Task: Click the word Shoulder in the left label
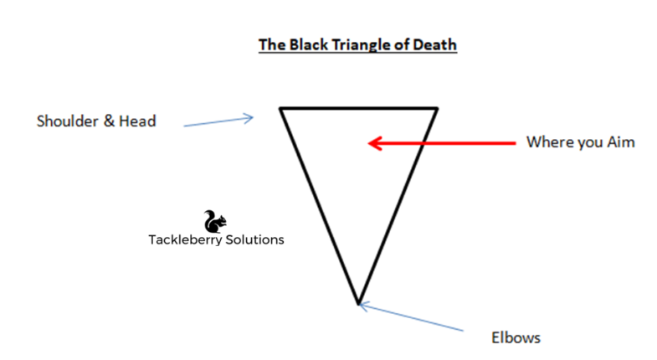pos(67,121)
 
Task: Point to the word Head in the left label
pos(138,121)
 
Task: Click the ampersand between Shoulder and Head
pos(110,121)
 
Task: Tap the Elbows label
pos(515,338)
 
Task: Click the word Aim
pos(620,142)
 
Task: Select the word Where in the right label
pos(547,142)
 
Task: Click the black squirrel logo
pos(215,221)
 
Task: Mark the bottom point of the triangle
pos(357,302)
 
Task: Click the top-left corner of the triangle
pos(281,108)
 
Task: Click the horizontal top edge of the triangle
pos(359,108)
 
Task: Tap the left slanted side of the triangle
pos(319,205)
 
